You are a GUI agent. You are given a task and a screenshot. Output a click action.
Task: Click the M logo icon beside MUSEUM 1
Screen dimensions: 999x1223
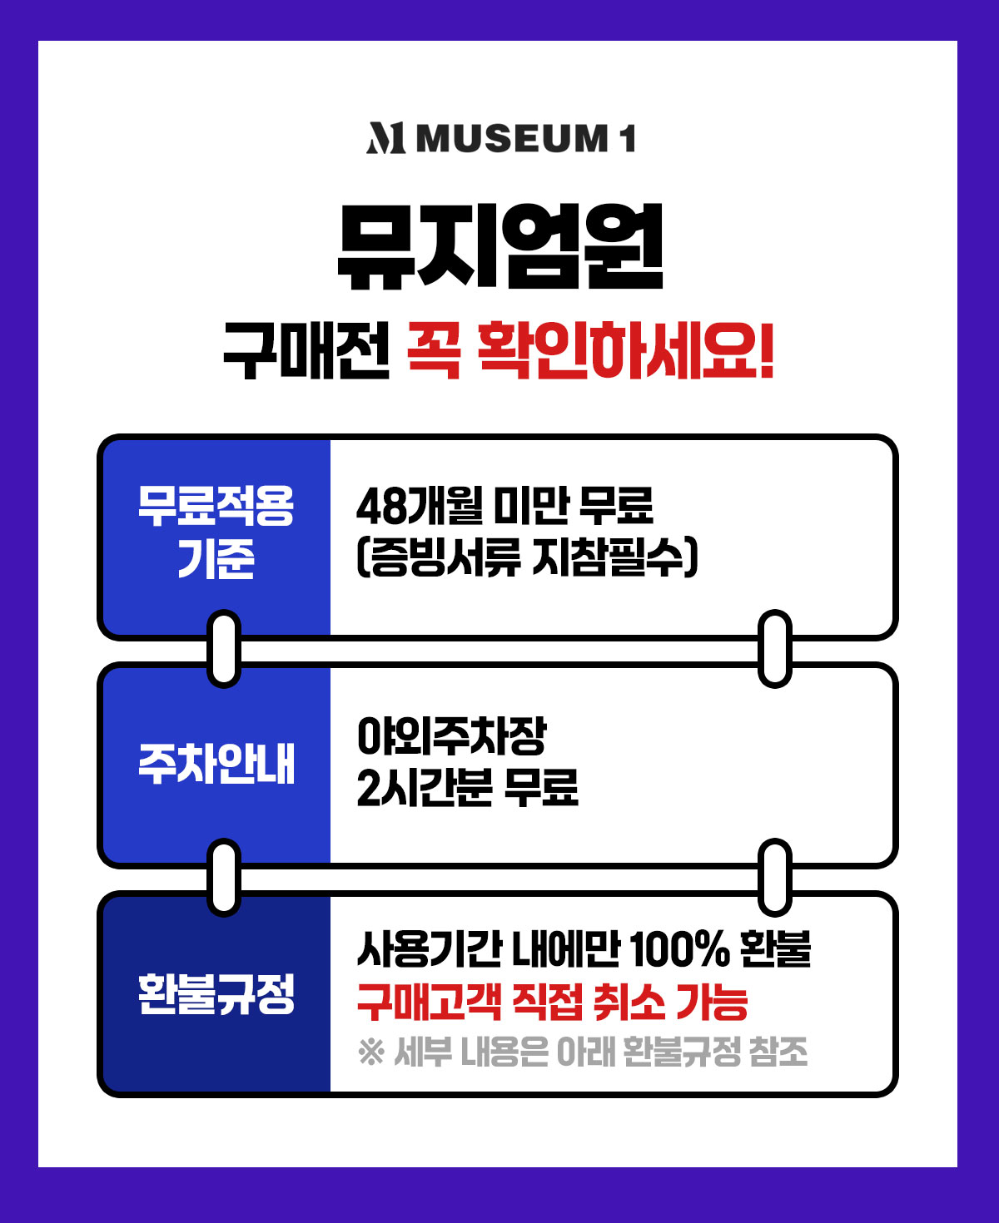click(x=385, y=138)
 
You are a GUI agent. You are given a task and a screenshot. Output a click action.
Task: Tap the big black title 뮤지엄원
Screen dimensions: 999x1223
click(x=500, y=246)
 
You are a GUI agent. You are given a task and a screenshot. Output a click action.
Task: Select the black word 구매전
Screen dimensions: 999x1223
click(x=306, y=350)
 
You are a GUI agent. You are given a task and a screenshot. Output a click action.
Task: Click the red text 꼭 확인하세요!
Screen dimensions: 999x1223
click(x=590, y=350)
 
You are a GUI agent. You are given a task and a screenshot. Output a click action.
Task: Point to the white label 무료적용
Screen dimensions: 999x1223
click(x=216, y=506)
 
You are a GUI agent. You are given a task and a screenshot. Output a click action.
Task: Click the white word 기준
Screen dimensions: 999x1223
click(x=216, y=558)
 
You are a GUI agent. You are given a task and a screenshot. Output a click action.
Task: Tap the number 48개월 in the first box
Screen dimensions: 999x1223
click(x=420, y=505)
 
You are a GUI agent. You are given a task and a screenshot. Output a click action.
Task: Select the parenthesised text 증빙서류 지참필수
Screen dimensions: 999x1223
click(x=527, y=558)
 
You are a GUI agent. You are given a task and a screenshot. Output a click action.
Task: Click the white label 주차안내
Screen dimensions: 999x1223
click(x=216, y=764)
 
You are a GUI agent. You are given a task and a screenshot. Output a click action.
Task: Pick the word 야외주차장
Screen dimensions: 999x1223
click(x=451, y=736)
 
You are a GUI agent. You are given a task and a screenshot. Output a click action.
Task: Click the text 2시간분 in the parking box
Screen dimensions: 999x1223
click(x=425, y=788)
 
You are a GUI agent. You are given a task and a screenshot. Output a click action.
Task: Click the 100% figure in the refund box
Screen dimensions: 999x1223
click(x=679, y=949)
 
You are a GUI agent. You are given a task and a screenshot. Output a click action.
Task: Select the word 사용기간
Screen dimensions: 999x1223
click(x=429, y=949)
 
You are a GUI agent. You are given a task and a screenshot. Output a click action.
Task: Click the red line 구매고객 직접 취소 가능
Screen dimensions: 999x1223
click(x=552, y=1002)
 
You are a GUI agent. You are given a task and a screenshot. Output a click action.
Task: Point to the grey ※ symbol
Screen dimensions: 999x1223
click(x=371, y=1052)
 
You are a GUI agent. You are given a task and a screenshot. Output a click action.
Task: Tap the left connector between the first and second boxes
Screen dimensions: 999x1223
click(x=224, y=649)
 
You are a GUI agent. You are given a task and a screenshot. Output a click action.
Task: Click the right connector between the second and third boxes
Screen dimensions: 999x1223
click(x=775, y=878)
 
